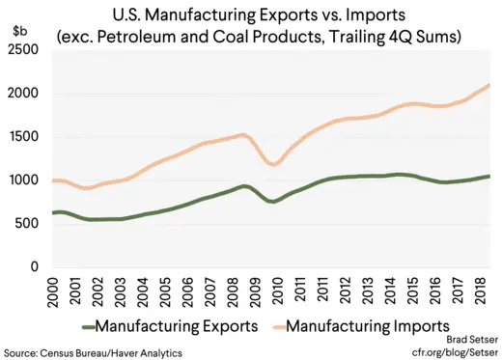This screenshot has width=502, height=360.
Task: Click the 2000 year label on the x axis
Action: coord(60,291)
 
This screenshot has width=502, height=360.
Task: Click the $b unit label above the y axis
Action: coord(18,32)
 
